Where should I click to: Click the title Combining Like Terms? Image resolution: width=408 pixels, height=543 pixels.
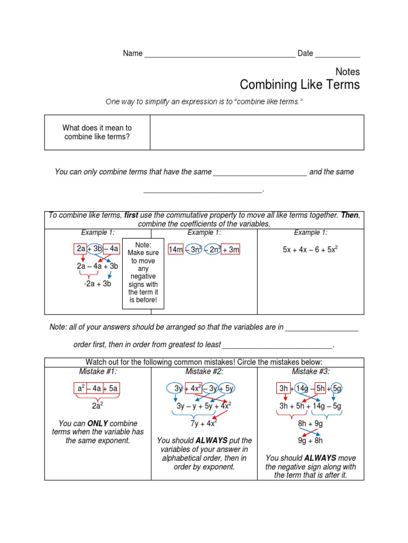300,85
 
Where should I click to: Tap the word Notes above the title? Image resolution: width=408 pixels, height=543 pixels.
348,72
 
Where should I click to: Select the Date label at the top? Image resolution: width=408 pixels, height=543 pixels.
305,54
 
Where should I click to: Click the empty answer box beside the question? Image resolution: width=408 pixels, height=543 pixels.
257,133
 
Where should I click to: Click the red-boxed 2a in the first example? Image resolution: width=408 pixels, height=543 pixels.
81,249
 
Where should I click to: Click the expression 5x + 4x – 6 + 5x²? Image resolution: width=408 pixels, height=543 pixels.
310,249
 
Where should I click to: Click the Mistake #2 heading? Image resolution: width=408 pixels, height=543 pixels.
204,372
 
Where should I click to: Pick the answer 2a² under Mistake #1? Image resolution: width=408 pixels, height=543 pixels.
98,406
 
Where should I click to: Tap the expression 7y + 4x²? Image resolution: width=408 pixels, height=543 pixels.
204,423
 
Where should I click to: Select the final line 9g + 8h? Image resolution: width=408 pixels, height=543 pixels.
310,440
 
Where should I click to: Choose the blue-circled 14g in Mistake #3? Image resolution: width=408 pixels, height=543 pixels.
301,389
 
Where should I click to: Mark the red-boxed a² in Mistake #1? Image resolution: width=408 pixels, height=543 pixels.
81,389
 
